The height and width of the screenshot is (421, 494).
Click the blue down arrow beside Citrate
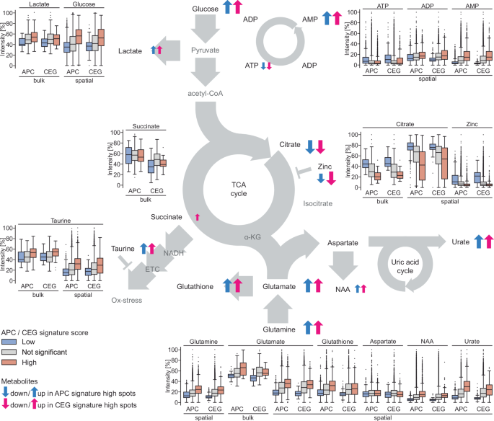(x=310, y=147)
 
